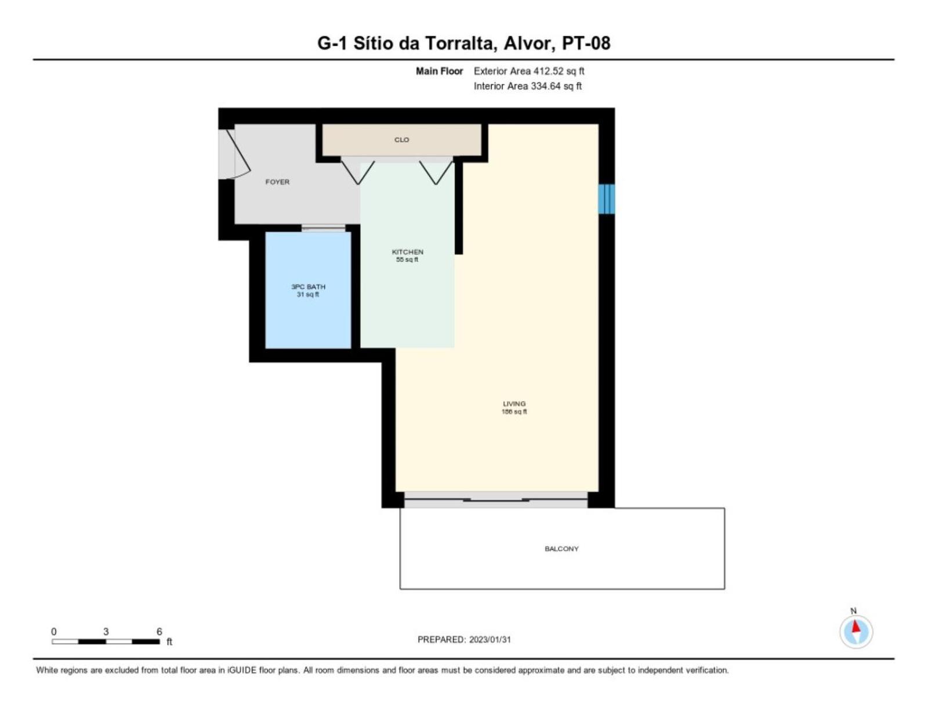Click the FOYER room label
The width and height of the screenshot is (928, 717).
(277, 182)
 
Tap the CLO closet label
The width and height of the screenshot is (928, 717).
(401, 140)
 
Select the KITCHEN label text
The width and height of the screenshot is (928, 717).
(407, 252)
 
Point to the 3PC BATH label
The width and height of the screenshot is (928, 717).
(308, 287)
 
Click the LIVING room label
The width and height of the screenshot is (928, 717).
(514, 404)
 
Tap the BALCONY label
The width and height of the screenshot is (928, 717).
(561, 549)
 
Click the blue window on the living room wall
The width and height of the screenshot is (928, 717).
(607, 199)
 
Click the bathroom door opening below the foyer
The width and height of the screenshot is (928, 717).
(323, 228)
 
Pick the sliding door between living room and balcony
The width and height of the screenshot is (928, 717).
(496, 499)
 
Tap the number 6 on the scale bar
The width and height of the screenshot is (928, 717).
(159, 632)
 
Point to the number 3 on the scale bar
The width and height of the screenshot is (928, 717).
(106, 632)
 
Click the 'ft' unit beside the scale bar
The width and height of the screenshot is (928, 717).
(169, 642)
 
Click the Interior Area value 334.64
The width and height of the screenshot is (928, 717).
(544, 86)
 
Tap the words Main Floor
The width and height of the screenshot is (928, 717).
(440, 71)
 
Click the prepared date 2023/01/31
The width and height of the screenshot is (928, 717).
(490, 640)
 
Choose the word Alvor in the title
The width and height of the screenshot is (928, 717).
(527, 43)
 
